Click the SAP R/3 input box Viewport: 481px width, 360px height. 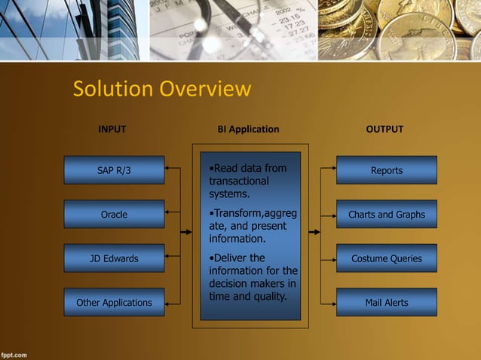[114, 170]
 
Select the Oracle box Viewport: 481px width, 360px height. [114, 214]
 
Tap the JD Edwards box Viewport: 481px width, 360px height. [114, 258]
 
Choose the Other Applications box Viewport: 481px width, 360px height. [114, 302]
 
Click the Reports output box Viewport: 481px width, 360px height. [386, 170]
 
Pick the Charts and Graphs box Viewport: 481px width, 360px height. [386, 214]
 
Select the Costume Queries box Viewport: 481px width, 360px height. [386, 258]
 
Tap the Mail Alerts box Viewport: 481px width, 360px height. [386, 302]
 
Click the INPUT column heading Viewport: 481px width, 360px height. [112, 130]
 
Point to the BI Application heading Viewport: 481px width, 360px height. [248, 130]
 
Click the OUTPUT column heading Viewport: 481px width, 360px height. [384, 130]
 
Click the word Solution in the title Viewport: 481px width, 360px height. [109, 90]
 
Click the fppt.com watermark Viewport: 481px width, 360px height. [14, 353]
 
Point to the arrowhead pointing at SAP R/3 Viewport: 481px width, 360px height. [168, 170]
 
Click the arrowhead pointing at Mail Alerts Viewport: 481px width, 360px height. [332, 302]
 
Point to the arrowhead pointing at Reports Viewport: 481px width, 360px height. [332, 170]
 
